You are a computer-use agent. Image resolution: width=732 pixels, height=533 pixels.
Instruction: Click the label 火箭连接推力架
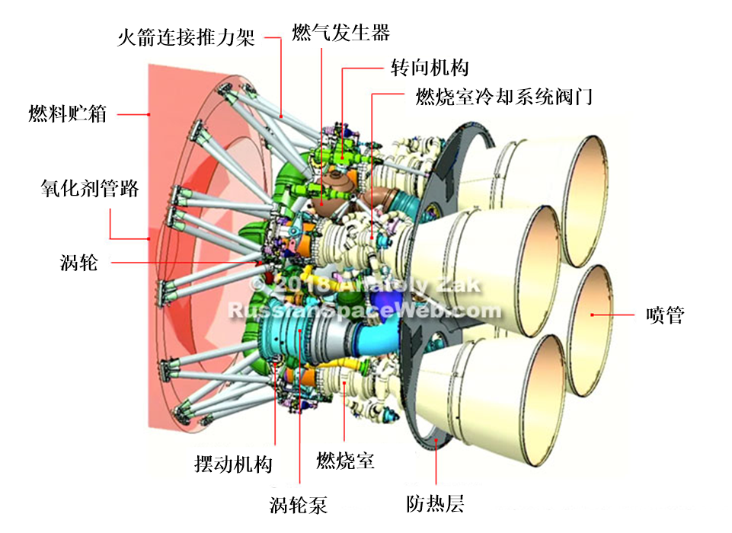click(186, 37)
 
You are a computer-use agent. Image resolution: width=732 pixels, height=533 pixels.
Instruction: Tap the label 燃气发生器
click(340, 33)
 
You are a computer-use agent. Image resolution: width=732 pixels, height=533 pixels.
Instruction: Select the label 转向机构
click(430, 68)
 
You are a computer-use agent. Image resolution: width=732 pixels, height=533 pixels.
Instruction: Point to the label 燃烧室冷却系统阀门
click(504, 97)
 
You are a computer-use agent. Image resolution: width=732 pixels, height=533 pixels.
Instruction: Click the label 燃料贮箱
click(68, 113)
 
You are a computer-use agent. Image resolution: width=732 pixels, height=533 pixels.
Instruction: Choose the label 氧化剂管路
click(90, 188)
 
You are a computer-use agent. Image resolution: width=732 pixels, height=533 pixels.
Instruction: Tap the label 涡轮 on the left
click(79, 263)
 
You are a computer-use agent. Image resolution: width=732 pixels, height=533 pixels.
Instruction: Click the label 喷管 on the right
click(665, 315)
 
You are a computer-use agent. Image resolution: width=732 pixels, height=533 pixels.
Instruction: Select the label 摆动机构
click(233, 464)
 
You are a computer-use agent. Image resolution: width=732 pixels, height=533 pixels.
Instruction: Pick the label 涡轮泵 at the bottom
click(299, 505)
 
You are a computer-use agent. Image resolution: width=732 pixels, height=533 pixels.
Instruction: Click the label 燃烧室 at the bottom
click(346, 461)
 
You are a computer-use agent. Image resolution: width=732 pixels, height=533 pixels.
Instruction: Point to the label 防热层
click(435, 503)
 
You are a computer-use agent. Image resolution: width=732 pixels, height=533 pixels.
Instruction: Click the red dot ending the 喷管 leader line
click(592, 315)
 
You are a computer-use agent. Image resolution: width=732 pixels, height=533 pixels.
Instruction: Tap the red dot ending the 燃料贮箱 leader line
click(149, 114)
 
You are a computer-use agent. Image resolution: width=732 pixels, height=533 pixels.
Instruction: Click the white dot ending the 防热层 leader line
click(436, 439)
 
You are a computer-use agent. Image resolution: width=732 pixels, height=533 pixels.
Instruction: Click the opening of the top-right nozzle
click(586, 201)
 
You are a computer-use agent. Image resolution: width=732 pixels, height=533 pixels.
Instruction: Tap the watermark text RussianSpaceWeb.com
click(365, 311)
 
